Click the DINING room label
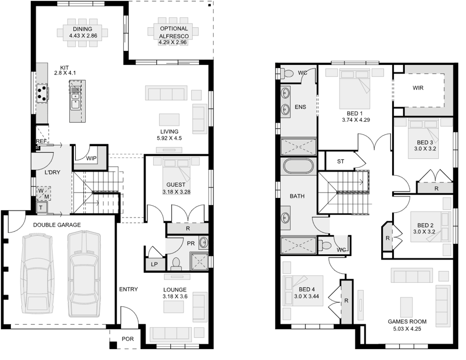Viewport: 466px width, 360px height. (x=83, y=29)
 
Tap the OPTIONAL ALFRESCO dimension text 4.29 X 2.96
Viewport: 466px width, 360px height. (x=173, y=42)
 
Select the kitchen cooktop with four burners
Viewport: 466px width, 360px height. (x=42, y=93)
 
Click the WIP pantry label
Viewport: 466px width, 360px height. (x=92, y=158)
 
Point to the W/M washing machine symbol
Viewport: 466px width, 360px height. (x=43, y=194)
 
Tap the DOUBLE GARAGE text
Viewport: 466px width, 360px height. (x=57, y=225)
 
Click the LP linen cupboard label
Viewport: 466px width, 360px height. (x=153, y=264)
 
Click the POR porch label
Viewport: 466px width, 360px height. (x=127, y=339)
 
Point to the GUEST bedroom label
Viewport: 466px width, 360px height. (x=176, y=185)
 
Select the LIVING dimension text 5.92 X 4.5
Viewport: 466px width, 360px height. (x=169, y=138)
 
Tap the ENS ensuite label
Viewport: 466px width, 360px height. (x=300, y=107)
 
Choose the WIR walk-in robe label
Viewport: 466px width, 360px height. (x=418, y=88)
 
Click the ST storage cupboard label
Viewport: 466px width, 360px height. (x=341, y=162)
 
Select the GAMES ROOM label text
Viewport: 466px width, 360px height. (x=407, y=321)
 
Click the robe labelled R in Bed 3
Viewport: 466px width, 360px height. (x=436, y=188)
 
